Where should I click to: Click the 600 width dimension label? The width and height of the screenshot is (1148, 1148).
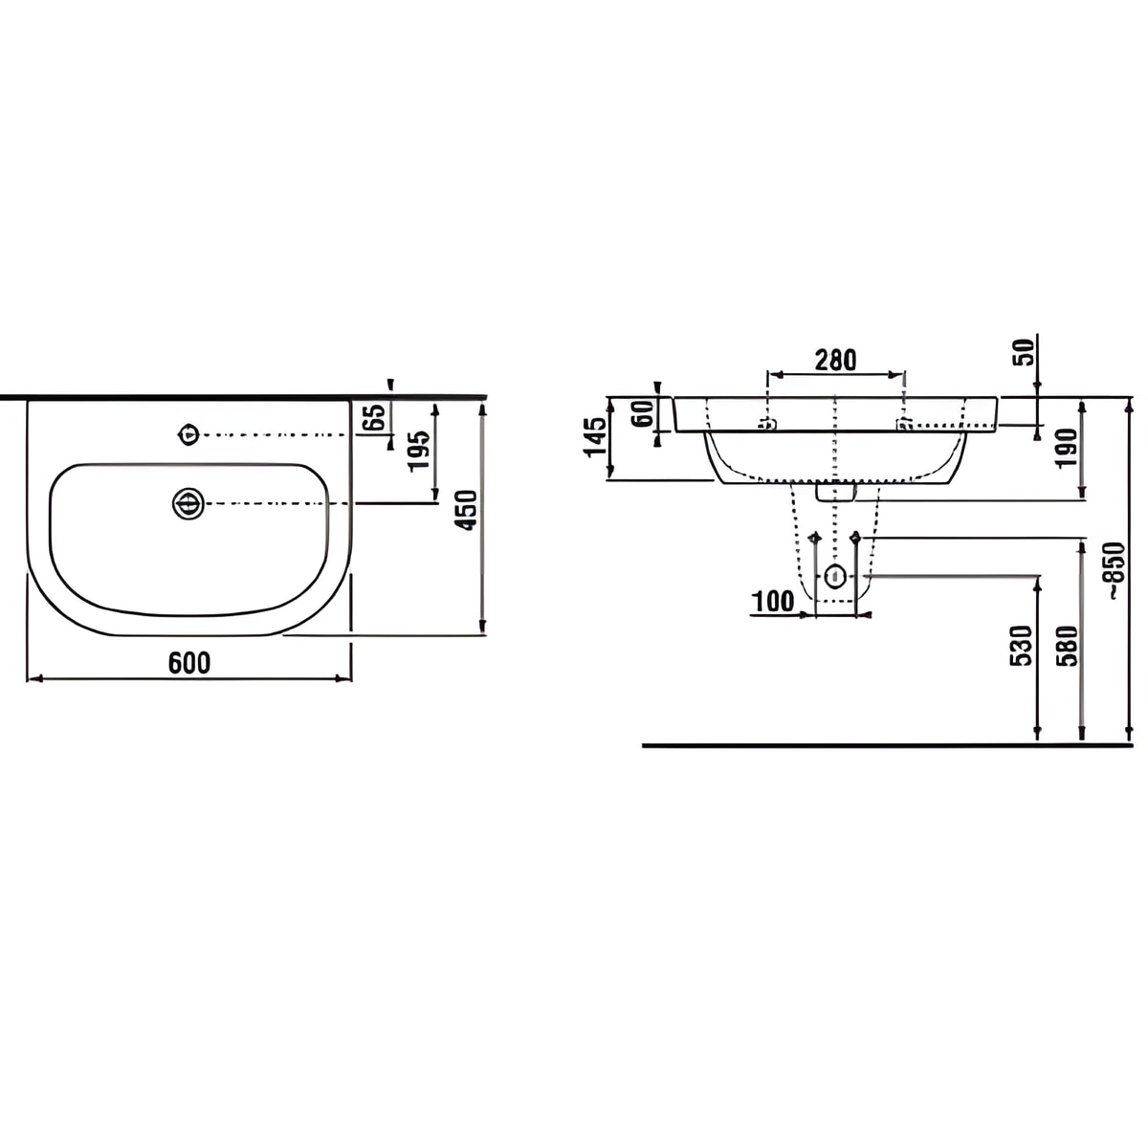click(x=189, y=662)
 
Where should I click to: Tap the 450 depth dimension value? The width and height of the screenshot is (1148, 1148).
click(x=466, y=510)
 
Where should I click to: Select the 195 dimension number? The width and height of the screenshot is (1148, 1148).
click(x=420, y=451)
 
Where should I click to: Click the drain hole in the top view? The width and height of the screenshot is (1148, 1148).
click(x=188, y=504)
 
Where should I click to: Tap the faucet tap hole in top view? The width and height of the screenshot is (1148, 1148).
click(x=188, y=434)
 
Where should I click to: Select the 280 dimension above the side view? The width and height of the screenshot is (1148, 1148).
click(x=835, y=360)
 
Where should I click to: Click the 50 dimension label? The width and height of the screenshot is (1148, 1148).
click(x=1026, y=353)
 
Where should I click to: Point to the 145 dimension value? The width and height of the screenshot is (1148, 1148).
click(x=595, y=436)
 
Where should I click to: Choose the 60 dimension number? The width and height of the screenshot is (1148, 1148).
click(x=643, y=413)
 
